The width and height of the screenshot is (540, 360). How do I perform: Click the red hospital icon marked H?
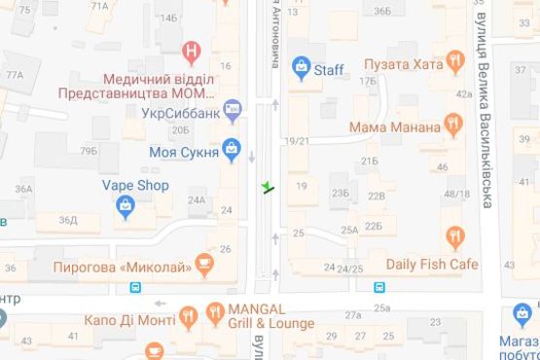pyautogui.click(x=193, y=49)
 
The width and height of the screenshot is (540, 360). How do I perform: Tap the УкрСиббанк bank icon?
pyautogui.click(x=232, y=112)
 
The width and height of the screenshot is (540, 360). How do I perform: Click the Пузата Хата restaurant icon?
pyautogui.click(x=454, y=64)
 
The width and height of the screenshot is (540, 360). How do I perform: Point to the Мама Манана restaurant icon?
pyautogui.click(x=452, y=124)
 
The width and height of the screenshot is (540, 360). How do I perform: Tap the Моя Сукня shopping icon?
pyautogui.click(x=232, y=149)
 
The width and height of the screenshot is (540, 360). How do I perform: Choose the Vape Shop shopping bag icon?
pyautogui.click(x=126, y=205)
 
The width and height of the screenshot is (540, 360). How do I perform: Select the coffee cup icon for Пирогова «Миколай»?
pyautogui.click(x=202, y=262)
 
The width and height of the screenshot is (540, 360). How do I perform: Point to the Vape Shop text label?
pyautogui.click(x=135, y=185)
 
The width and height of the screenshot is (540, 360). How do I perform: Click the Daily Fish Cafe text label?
pyautogui.click(x=432, y=263)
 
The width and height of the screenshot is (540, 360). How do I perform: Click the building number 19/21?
pyautogui.click(x=297, y=142)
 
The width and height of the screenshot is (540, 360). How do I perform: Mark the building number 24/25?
pyautogui.click(x=342, y=268)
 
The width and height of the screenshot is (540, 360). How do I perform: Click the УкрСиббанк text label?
pyautogui.click(x=175, y=112)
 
